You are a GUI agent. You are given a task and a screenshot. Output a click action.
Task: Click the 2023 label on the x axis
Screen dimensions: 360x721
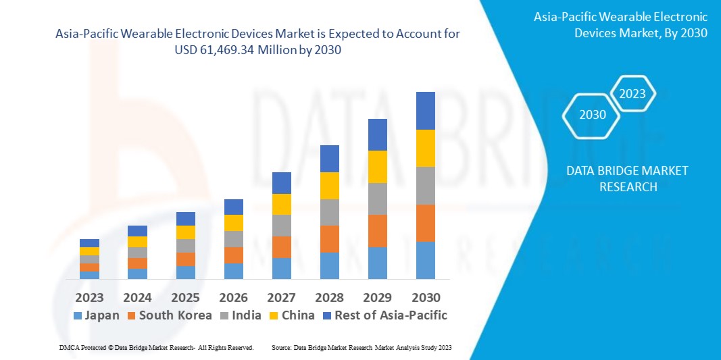click(x=89, y=298)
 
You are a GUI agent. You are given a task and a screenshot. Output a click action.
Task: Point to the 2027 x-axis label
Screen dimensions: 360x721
click(x=281, y=298)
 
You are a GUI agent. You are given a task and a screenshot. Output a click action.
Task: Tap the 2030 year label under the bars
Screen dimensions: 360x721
click(x=425, y=298)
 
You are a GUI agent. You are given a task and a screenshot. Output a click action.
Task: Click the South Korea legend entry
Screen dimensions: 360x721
click(x=168, y=315)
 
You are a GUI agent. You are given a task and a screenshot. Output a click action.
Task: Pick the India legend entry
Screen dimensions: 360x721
click(x=241, y=315)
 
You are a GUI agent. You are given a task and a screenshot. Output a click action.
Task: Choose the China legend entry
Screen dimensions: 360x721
click(x=291, y=315)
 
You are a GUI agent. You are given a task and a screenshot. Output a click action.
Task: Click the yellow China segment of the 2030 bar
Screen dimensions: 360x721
click(x=425, y=148)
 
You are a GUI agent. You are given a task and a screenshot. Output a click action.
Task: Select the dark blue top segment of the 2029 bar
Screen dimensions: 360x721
click(x=377, y=134)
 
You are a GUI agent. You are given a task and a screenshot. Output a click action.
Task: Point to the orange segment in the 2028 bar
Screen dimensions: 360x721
click(x=329, y=239)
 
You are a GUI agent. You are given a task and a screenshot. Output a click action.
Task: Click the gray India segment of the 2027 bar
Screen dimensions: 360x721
click(x=281, y=226)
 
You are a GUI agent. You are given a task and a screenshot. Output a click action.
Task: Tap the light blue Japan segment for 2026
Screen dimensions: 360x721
click(x=233, y=271)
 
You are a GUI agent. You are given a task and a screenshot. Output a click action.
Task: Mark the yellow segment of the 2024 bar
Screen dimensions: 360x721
click(x=137, y=242)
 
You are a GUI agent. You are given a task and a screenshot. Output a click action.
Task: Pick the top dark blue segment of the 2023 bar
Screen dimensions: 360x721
click(x=89, y=243)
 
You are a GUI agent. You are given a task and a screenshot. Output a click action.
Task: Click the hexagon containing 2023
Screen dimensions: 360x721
click(x=632, y=94)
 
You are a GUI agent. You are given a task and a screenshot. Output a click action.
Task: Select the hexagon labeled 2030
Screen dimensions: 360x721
click(x=593, y=115)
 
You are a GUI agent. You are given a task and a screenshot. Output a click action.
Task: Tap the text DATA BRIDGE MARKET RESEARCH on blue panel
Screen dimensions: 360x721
click(x=628, y=179)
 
